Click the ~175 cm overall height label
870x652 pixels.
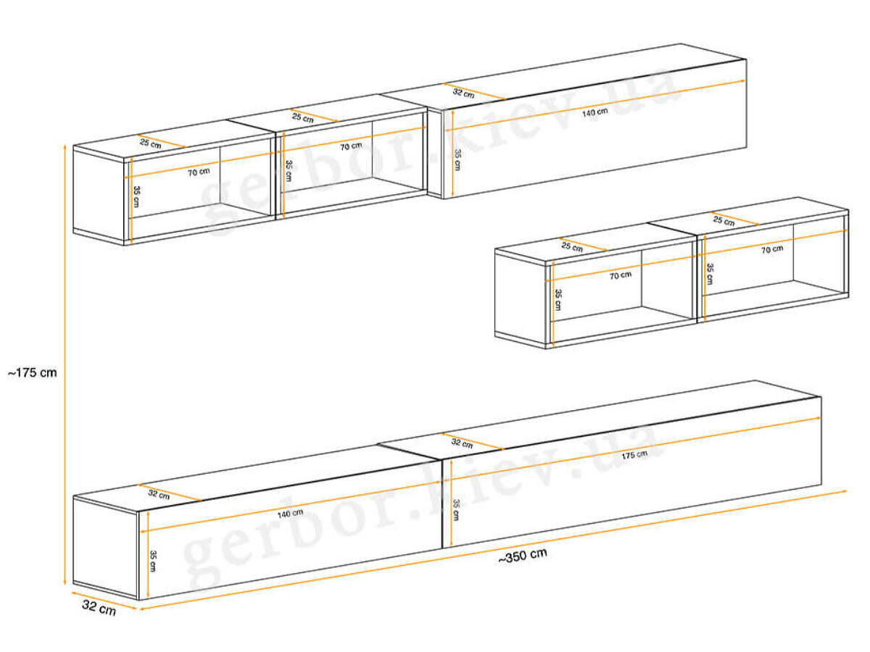pyautogui.click(x=33, y=373)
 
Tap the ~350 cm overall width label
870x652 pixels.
pyautogui.click(x=523, y=556)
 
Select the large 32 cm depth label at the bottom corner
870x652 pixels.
pyautogui.click(x=99, y=608)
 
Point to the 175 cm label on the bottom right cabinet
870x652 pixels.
pyautogui.click(x=634, y=455)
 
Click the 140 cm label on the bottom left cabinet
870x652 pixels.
pyautogui.click(x=290, y=514)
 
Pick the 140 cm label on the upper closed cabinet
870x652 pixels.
pyautogui.click(x=595, y=112)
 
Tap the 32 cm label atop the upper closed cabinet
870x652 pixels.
pyautogui.click(x=463, y=93)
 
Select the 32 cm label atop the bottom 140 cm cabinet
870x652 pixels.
pyautogui.click(x=159, y=494)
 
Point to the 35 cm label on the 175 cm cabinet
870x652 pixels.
pyautogui.click(x=456, y=511)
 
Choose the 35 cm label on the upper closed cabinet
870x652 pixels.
pyautogui.click(x=457, y=160)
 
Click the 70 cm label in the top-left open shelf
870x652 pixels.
pyautogui.click(x=199, y=172)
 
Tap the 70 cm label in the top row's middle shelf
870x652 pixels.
pyautogui.click(x=351, y=146)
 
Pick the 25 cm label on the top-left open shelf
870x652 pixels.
pyautogui.click(x=151, y=143)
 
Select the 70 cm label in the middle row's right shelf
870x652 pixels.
pyautogui.click(x=772, y=249)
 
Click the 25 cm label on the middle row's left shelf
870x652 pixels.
pyautogui.click(x=572, y=246)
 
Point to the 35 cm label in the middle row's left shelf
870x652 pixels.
pyautogui.click(x=558, y=300)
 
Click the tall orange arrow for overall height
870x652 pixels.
pyautogui.click(x=65, y=364)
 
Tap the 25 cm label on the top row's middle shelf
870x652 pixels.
pyautogui.click(x=303, y=117)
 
